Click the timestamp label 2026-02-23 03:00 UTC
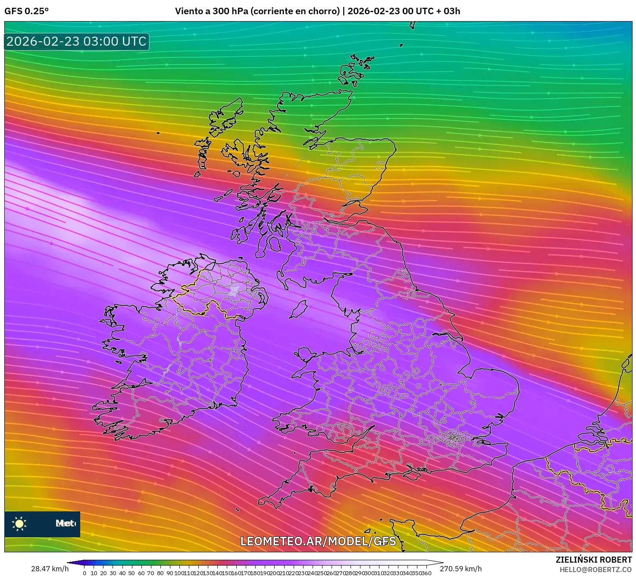click(76, 41)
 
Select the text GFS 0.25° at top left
click(26, 11)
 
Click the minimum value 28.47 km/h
click(50, 569)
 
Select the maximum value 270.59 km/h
click(461, 569)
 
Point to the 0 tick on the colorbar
click(85, 573)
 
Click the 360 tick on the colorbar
click(426, 573)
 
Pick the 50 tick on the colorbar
click(132, 573)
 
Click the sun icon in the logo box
click(19, 524)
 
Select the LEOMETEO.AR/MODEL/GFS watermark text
click(318, 542)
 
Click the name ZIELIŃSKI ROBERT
click(593, 560)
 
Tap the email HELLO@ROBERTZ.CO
click(595, 570)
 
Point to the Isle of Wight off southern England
click(411, 475)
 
